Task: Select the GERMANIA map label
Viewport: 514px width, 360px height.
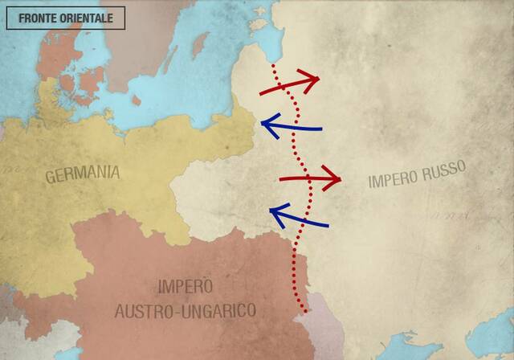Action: (x=83, y=173)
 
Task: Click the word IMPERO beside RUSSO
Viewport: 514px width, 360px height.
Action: (x=394, y=178)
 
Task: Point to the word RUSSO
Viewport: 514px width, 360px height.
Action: (x=444, y=169)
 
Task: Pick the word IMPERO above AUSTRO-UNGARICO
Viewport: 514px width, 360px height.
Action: (x=186, y=285)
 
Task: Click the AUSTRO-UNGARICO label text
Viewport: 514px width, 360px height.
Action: (x=186, y=309)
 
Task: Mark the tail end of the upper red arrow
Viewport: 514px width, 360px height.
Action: (x=260, y=95)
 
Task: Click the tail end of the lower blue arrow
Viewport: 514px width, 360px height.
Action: (x=328, y=225)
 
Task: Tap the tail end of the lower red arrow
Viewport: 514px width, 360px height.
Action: (x=279, y=178)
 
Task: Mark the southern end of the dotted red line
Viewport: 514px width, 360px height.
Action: (x=304, y=311)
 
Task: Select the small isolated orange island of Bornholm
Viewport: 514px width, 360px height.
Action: (x=136, y=100)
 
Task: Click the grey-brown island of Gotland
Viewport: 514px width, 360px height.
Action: (x=198, y=44)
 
